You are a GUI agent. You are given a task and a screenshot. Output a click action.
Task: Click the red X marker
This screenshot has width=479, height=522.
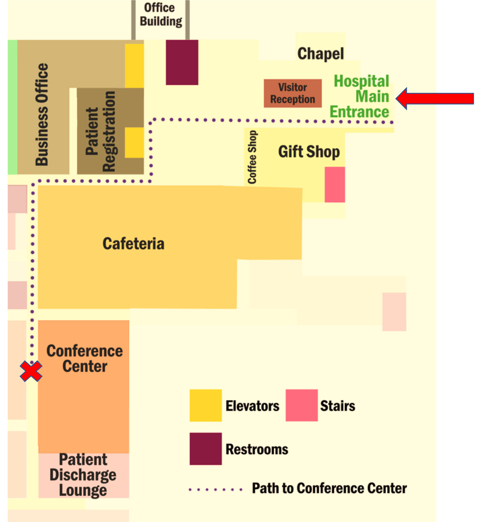click(x=31, y=371)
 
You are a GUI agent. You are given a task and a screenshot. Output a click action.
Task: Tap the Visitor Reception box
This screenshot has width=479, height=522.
click(x=293, y=93)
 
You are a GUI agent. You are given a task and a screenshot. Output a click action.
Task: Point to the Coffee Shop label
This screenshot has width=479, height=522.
click(x=252, y=157)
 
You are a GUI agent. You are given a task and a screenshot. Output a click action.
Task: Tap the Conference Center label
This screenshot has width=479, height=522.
click(x=84, y=359)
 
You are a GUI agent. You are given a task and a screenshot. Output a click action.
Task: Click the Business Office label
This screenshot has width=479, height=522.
click(x=42, y=114)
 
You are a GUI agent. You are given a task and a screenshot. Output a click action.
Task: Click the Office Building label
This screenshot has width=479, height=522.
click(x=161, y=15)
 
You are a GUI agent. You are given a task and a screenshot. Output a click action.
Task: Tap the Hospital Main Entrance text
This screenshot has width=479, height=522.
click(x=360, y=96)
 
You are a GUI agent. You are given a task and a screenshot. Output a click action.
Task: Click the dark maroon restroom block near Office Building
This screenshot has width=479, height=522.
click(x=182, y=62)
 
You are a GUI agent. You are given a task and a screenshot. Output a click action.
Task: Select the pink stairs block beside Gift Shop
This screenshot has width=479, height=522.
click(x=335, y=185)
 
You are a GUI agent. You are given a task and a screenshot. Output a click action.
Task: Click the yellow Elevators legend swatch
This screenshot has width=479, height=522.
click(x=206, y=405)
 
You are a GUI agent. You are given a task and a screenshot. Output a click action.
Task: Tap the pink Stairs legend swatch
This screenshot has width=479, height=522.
click(x=301, y=405)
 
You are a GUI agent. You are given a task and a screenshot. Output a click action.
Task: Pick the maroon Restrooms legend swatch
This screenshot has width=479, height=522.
click(x=206, y=449)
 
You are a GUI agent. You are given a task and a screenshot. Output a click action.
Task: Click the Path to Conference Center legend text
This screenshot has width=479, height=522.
click(x=329, y=488)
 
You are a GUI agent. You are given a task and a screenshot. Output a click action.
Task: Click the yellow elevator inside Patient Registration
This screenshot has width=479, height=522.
click(x=134, y=143)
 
